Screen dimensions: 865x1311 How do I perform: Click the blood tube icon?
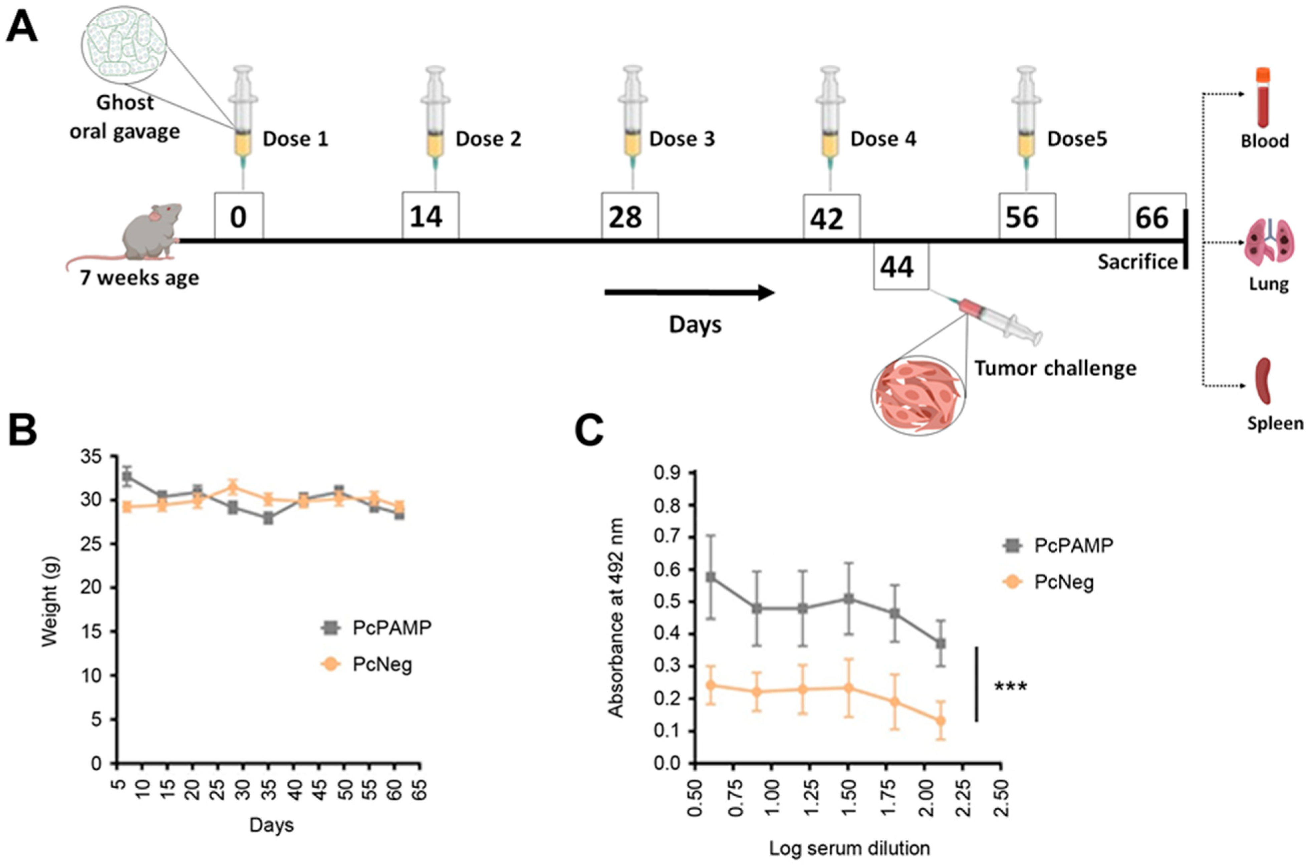(x=1263, y=105)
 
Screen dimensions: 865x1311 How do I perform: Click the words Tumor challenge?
(x=1055, y=368)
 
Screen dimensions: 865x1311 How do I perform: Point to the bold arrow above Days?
(x=690, y=292)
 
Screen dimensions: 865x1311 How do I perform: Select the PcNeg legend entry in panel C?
(x=1048, y=582)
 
